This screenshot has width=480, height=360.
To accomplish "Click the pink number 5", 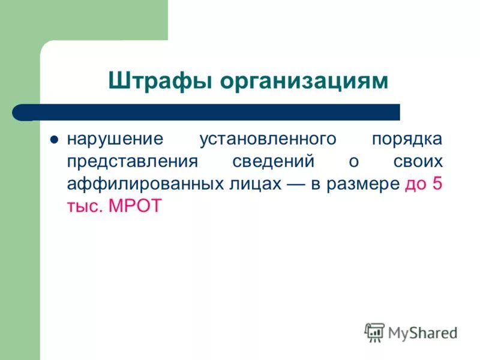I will tap(437, 184).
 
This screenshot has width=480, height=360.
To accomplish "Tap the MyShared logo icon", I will tap(374, 332).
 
